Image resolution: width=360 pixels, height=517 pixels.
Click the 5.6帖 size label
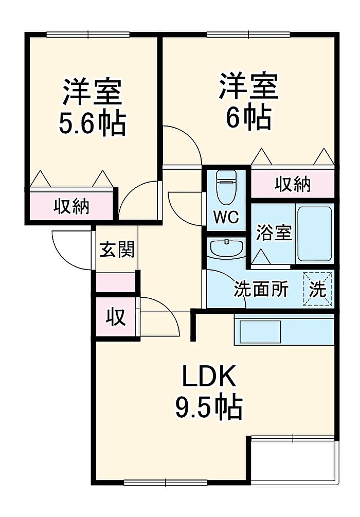coord(93,122)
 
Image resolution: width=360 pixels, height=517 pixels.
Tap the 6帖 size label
coord(248,117)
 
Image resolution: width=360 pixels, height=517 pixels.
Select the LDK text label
coord(209,377)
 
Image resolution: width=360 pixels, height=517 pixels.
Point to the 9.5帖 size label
coord(208,407)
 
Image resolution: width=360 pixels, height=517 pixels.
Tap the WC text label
coord(226,218)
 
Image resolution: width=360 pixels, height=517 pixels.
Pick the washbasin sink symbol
coord(226,248)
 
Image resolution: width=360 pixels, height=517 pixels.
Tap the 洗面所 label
coord(261,289)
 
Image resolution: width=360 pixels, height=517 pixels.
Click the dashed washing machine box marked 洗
coord(318,289)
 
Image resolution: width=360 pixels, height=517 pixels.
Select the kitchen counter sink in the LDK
coord(258,331)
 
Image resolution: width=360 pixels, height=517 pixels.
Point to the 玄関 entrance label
coord(117,250)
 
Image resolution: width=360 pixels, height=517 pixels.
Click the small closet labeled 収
coord(116,317)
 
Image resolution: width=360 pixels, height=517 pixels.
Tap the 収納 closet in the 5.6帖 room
coord(72,206)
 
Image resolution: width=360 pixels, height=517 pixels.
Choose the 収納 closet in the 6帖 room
coord(292,184)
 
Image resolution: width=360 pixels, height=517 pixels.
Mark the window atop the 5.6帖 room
coord(87,35)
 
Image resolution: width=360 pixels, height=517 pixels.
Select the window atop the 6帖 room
coord(248,35)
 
